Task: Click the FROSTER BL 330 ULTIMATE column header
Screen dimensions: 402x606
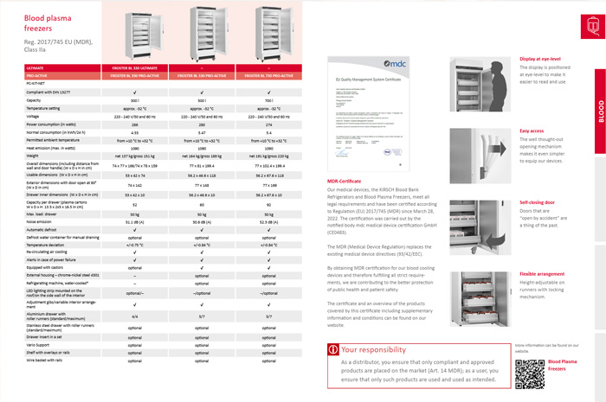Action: click(x=133, y=67)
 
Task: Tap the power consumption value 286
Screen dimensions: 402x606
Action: click(x=133, y=124)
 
